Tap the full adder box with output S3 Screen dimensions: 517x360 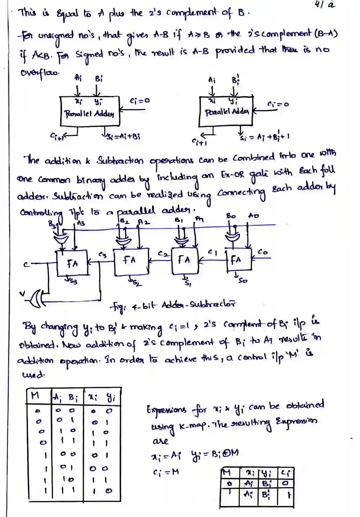(72, 263)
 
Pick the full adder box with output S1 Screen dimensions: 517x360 (185, 261)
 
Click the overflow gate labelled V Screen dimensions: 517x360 (38, 297)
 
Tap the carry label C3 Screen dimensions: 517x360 (102, 255)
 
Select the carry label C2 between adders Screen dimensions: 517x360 (162, 253)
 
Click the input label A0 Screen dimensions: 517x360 (254, 216)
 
